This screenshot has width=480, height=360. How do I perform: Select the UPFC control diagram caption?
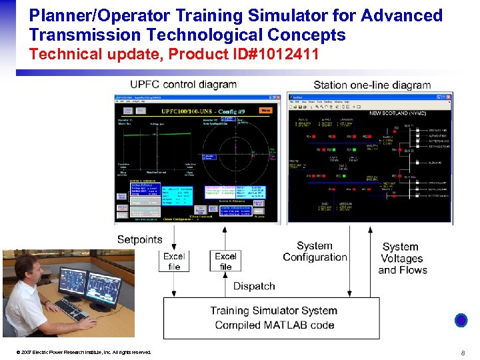pyautogui.click(x=183, y=85)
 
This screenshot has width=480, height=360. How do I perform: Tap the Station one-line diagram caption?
pyautogui.click(x=372, y=85)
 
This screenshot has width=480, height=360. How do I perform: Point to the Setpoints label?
pyautogui.click(x=139, y=239)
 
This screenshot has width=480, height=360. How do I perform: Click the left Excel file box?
pyautogui.click(x=174, y=261)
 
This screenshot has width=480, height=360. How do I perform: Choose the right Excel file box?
pyautogui.click(x=225, y=261)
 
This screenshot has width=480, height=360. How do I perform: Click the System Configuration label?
pyautogui.click(x=315, y=251)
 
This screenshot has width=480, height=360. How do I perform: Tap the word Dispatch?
pyautogui.click(x=254, y=286)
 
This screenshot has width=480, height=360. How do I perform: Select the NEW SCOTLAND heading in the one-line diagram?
pyautogui.click(x=400, y=113)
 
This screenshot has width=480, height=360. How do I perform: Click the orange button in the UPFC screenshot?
pyautogui.click(x=265, y=110)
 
